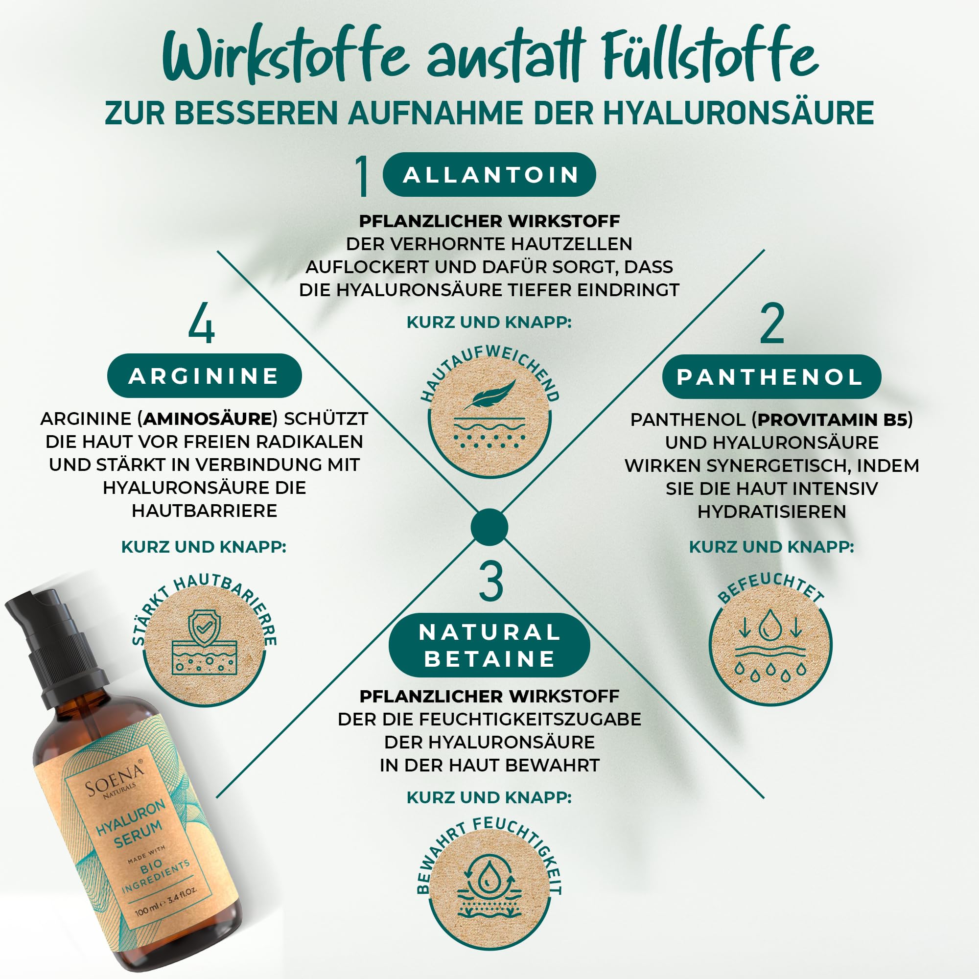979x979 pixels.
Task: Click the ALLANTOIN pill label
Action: [x=489, y=174]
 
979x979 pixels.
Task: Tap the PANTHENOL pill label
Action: [x=771, y=376]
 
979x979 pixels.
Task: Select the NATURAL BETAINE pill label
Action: [x=489, y=645]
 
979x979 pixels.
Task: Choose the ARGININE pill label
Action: [x=204, y=375]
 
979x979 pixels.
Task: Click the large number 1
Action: [x=362, y=175]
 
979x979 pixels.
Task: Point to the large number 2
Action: [x=772, y=323]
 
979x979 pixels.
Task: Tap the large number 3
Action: [x=491, y=581]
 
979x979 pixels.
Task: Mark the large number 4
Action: [x=201, y=322]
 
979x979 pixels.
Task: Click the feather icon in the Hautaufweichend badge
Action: [x=489, y=394]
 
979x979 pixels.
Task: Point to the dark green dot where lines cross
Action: [x=489, y=527]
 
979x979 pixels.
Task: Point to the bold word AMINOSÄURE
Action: [x=208, y=419]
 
